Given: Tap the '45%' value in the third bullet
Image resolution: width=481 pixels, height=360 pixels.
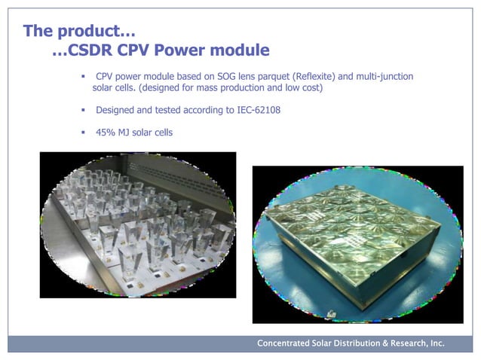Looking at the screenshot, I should tap(106, 133).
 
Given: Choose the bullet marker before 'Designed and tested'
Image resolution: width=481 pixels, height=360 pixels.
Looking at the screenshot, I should tap(84, 110).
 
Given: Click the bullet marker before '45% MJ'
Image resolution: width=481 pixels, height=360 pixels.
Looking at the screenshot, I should tap(84, 133).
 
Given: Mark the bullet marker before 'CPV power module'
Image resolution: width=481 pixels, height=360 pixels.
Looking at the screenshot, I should tap(84, 77).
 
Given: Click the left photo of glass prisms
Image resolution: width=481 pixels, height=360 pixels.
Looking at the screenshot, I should tap(137, 224).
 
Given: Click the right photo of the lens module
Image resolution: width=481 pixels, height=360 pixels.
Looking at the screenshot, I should tap(357, 237).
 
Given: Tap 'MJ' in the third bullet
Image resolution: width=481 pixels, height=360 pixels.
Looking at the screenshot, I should tap(126, 133).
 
